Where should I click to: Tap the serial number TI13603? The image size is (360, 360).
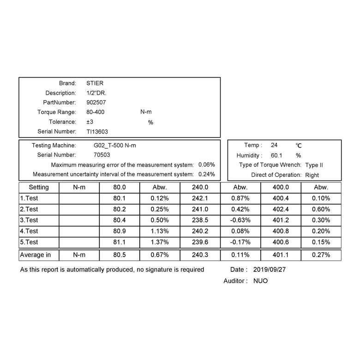[97, 131]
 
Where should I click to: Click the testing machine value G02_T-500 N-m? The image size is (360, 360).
[115, 145]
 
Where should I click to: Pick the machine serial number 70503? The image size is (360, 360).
[102, 155]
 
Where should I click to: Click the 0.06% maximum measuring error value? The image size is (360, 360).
[206, 165]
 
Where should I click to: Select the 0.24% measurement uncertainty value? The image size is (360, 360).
[206, 174]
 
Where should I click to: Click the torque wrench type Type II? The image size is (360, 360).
[314, 165]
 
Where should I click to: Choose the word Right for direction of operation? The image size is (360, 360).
[312, 175]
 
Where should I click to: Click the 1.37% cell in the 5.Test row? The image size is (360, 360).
[159, 242]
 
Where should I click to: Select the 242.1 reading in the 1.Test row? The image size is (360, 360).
[200, 198]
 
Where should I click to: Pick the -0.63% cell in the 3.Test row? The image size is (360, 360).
[240, 220]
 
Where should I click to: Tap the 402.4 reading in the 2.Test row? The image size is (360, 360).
[281, 209]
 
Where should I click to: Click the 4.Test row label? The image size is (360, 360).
[29, 231]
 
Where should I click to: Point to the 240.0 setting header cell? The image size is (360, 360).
[200, 187]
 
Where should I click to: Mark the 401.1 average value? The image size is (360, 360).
[281, 255]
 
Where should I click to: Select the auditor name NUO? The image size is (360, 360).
[260, 281]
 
